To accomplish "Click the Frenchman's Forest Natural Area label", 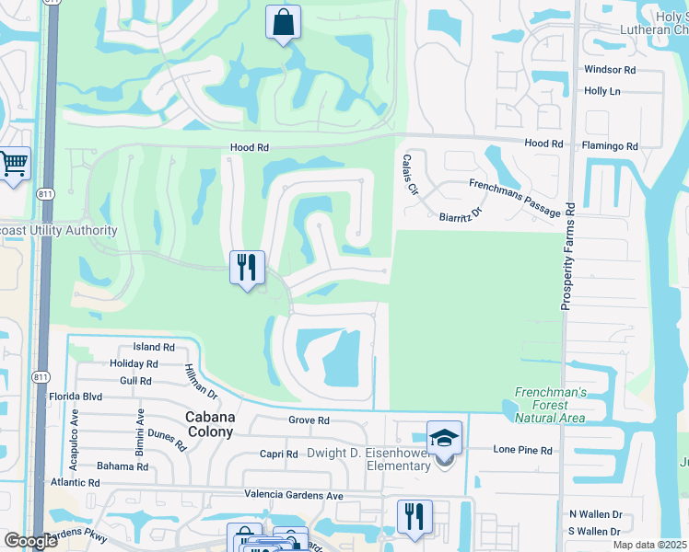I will pyautogui.click(x=551, y=404).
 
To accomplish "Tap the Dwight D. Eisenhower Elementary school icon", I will pyautogui.click(x=444, y=438).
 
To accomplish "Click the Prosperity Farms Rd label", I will pyautogui.click(x=568, y=255).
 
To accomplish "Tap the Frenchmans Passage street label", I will pyautogui.click(x=514, y=198).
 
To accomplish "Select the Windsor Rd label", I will pyautogui.click(x=610, y=70).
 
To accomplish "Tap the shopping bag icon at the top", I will pyautogui.click(x=283, y=22).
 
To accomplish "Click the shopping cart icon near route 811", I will pyautogui.click(x=14, y=165).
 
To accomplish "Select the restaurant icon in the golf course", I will pyautogui.click(x=247, y=268).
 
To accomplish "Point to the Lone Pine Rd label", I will pyautogui.click(x=522, y=450).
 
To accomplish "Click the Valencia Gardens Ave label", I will pyautogui.click(x=293, y=494).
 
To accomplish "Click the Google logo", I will pyautogui.click(x=30, y=541).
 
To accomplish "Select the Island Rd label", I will pyautogui.click(x=154, y=348).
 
